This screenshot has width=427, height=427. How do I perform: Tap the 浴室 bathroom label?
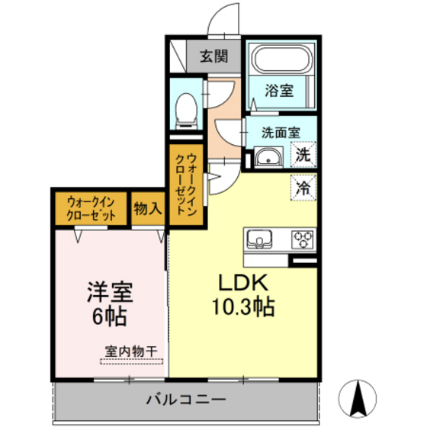278,90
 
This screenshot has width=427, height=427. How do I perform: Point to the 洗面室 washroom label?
279,131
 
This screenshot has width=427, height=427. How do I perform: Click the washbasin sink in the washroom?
266,159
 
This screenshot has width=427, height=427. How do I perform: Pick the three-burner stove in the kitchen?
303,239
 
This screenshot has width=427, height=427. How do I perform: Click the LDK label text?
244,284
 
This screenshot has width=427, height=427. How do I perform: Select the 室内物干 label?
131,352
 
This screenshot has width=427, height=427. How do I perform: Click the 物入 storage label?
147,207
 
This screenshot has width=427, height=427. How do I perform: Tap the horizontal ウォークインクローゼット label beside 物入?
91,208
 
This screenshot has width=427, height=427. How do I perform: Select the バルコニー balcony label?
185,400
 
